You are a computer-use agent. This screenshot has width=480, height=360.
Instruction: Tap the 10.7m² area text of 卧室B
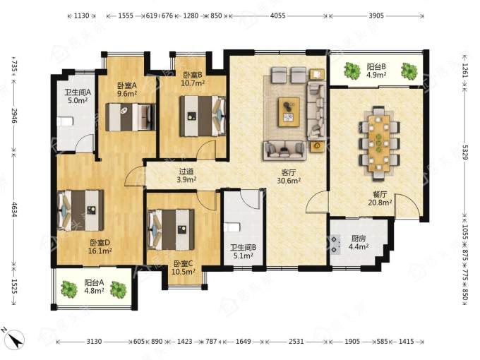pos(193,83)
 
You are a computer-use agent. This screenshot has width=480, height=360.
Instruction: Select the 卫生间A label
pos(78,92)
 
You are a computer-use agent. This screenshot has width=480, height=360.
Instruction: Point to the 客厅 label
pos(289,173)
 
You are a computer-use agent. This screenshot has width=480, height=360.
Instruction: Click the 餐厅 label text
pos(380,194)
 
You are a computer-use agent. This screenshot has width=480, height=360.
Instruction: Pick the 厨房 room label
pos(358,239)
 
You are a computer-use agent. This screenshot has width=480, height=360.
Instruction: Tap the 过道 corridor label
pos(186,172)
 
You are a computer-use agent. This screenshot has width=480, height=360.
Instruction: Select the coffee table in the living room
pos(289,112)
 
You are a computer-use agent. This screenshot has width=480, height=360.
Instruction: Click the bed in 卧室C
pos(171,229)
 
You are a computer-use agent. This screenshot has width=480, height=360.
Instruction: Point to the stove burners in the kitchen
pos(335,244)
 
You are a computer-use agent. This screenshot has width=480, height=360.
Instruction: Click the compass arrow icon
pos(15,339)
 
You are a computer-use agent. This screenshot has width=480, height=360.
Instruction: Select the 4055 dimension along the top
pos(277,16)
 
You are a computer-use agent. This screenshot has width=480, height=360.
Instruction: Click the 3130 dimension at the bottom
pos(94,341)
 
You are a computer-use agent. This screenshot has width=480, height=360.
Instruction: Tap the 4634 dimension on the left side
pos(14,209)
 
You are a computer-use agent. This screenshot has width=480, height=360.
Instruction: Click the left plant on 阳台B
pos(352,70)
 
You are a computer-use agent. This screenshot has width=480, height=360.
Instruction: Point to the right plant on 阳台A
pos(119,289)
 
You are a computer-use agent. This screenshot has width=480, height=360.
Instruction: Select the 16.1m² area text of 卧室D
pos(100,251)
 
